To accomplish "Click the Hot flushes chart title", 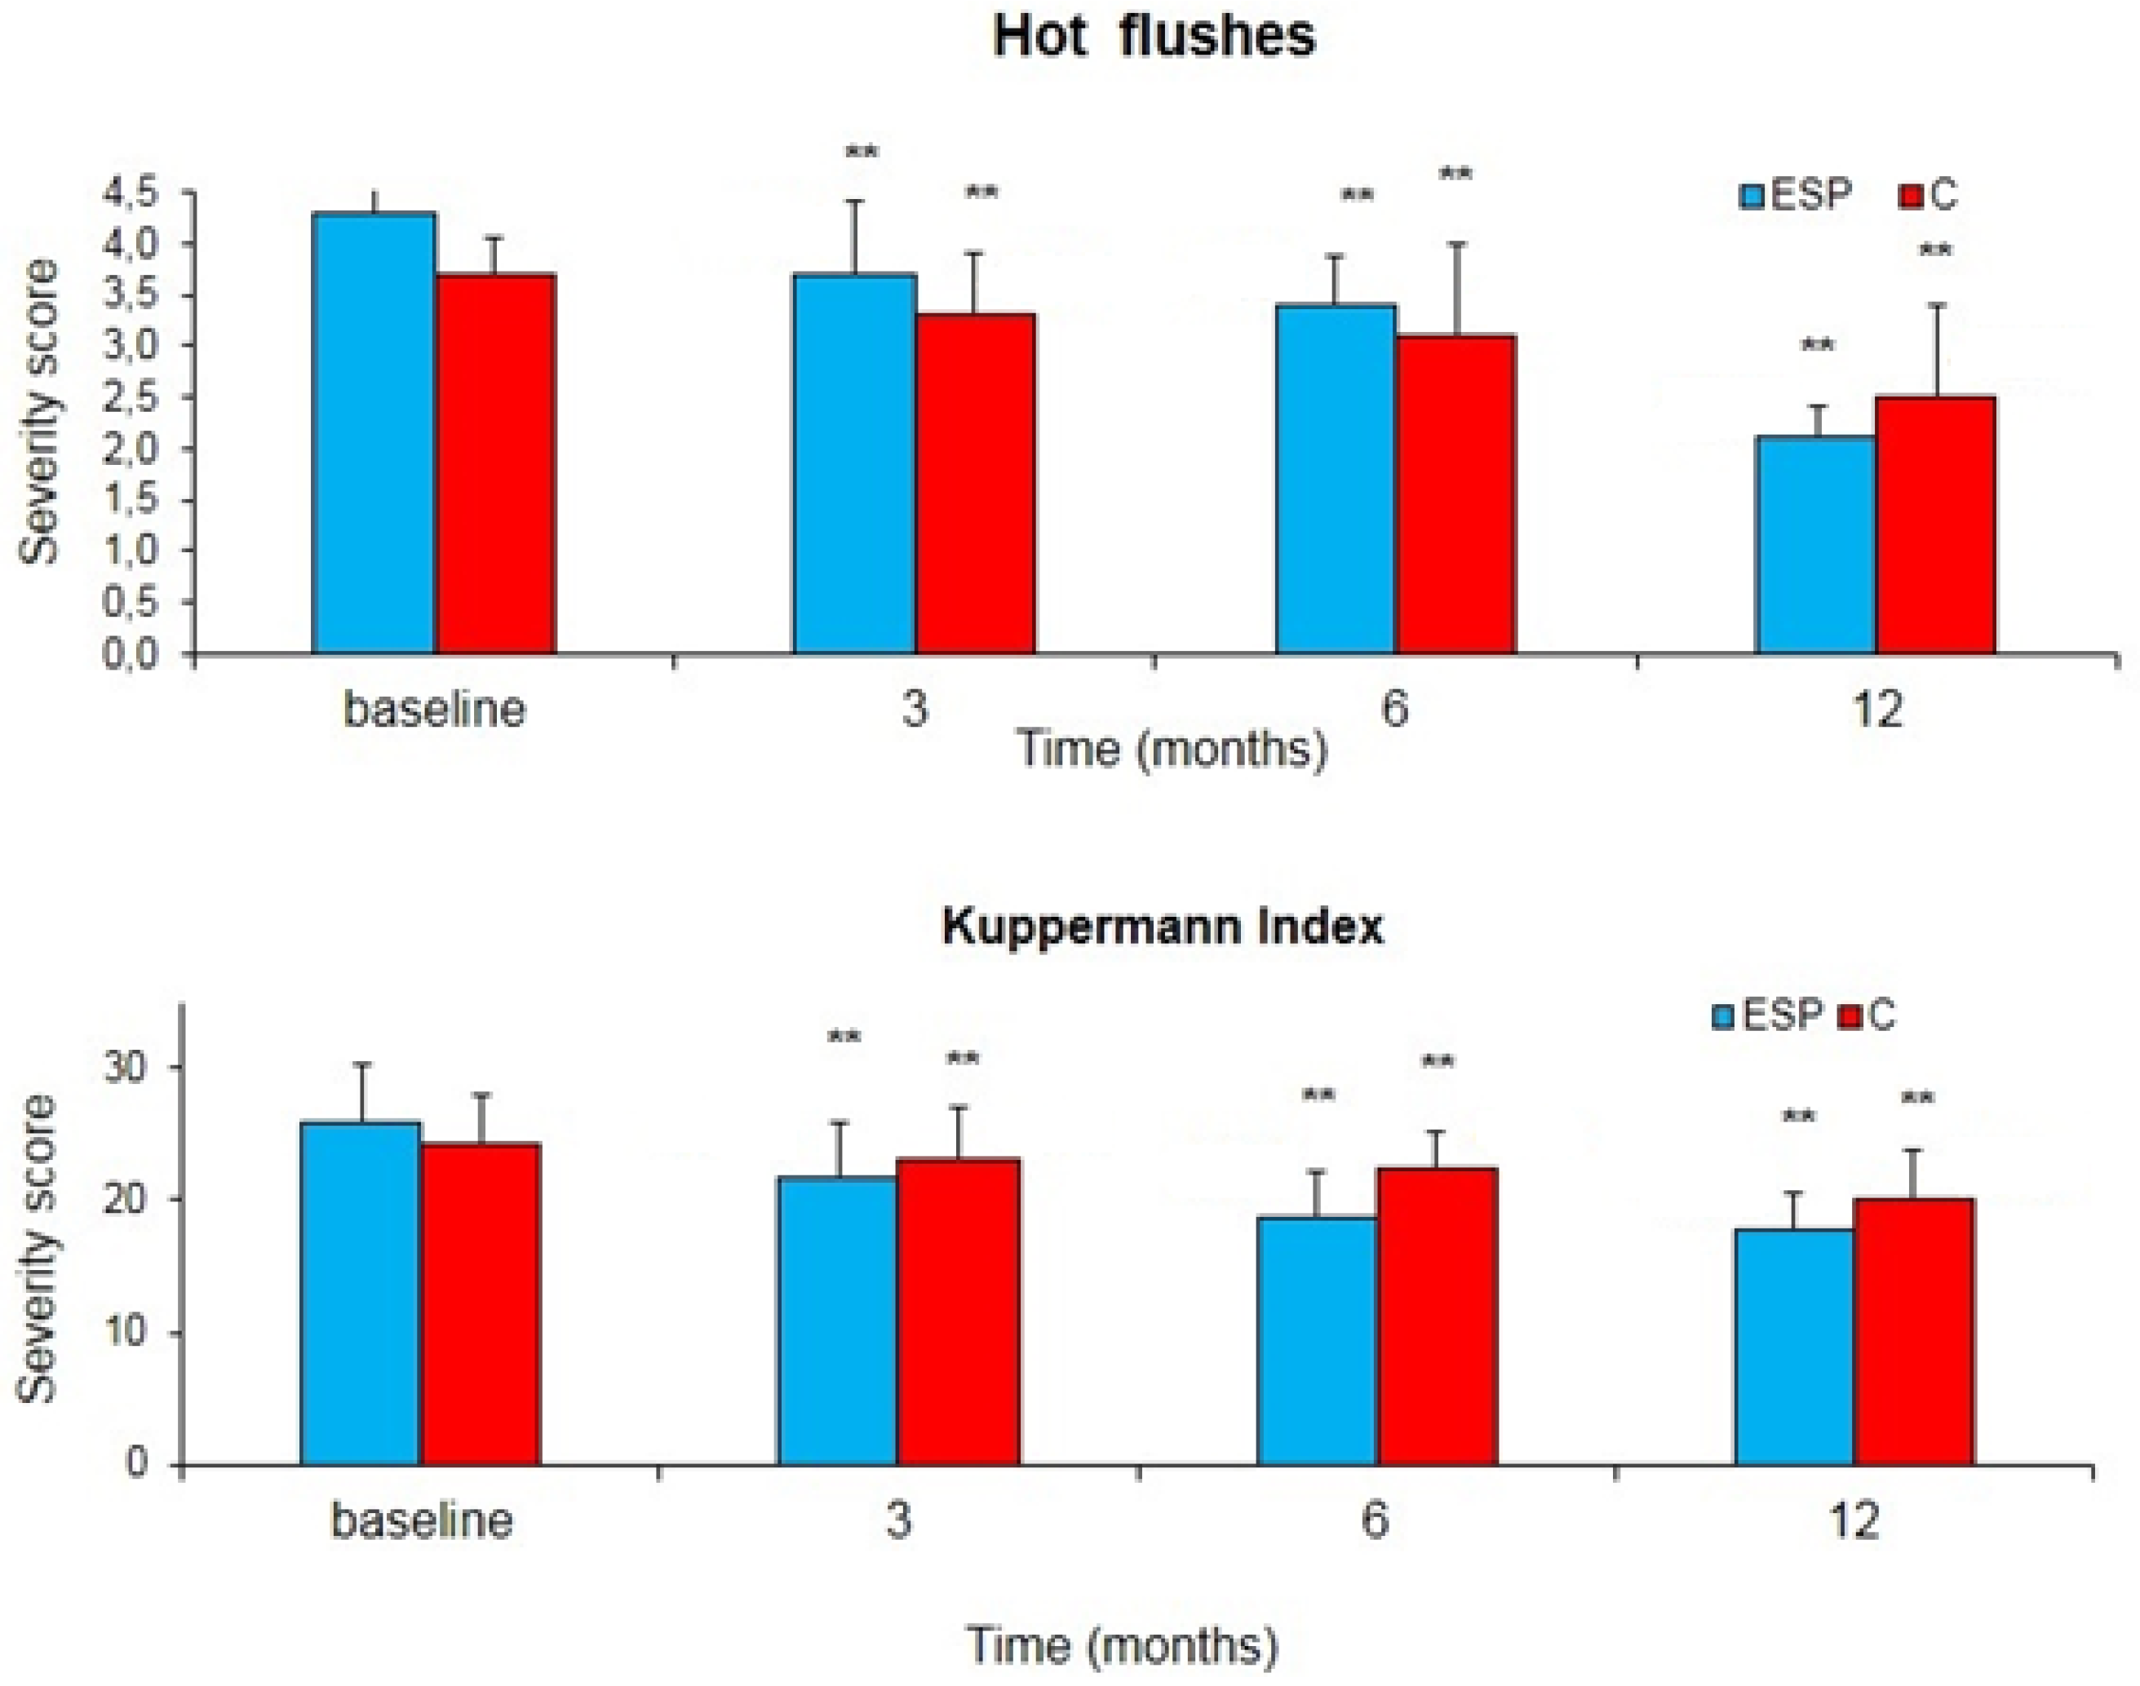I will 1154,37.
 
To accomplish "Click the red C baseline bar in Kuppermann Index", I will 481,1303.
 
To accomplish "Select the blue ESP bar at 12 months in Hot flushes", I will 1815,545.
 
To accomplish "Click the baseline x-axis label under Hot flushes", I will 434,709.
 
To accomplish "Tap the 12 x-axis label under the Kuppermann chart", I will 1854,1521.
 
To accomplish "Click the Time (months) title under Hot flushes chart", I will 1172,750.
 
